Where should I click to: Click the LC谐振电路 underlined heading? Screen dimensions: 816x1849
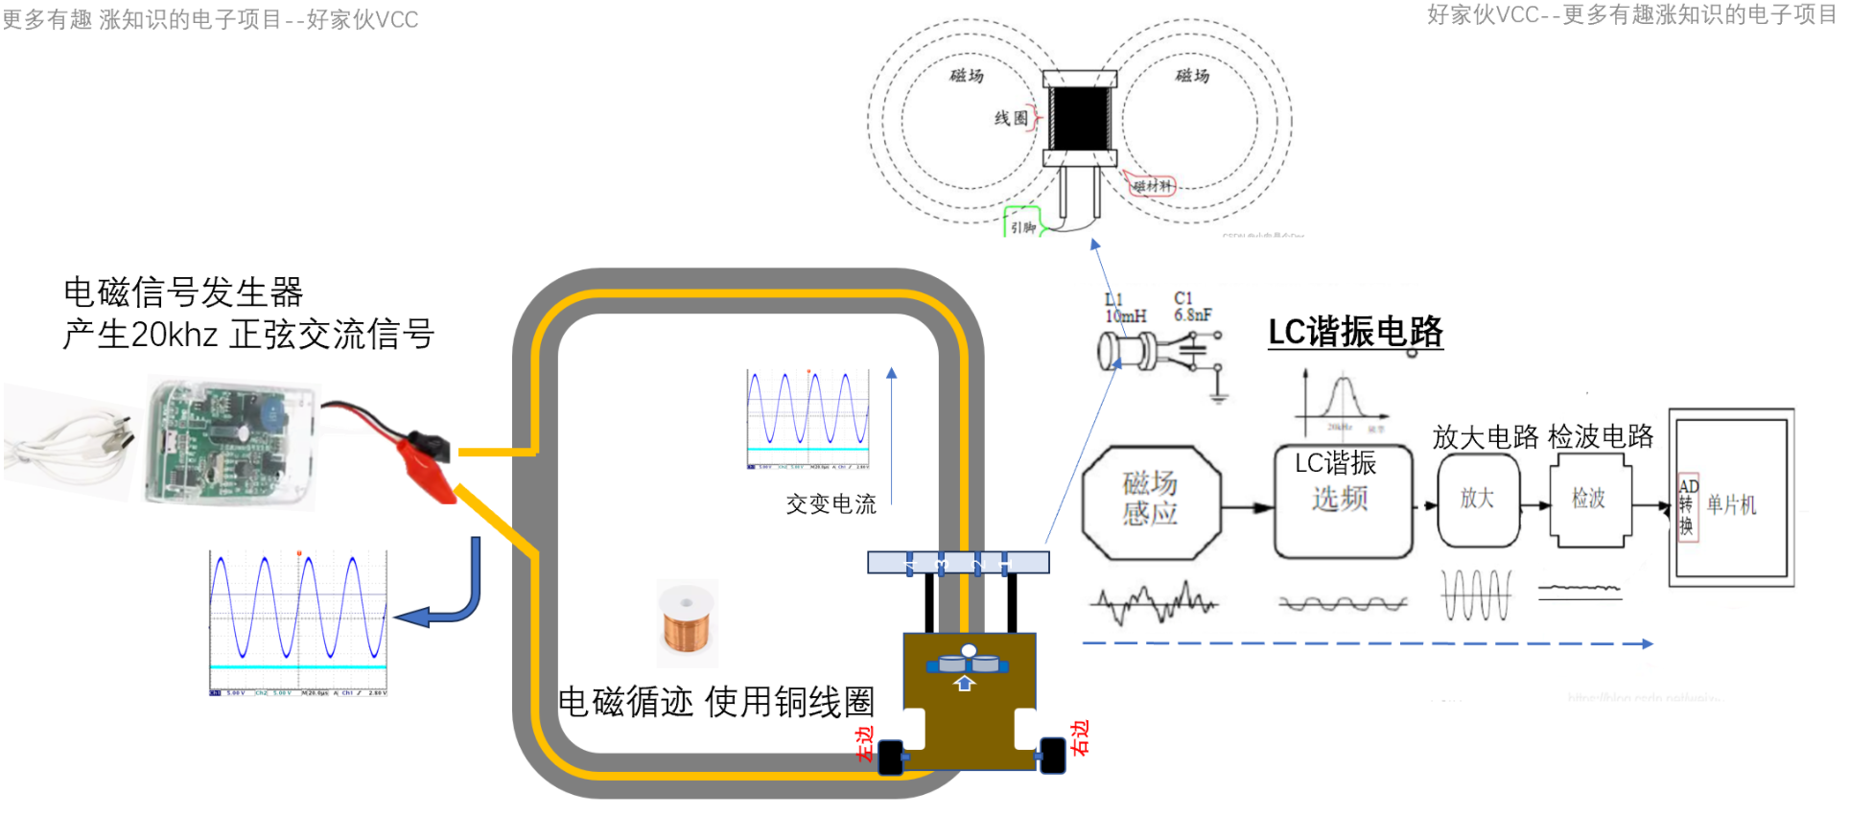point(1354,332)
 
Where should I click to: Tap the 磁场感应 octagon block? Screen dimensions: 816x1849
point(1151,501)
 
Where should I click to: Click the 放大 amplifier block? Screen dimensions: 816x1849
point(1477,500)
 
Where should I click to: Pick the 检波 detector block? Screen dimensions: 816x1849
point(1589,500)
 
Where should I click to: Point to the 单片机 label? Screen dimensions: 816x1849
point(1732,505)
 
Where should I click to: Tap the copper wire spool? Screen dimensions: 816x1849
point(687,623)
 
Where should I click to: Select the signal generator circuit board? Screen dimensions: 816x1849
point(225,441)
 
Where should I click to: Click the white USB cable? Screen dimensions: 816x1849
point(72,446)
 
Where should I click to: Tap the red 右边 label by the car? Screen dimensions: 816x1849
point(1081,738)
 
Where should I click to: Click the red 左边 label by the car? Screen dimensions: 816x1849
point(864,744)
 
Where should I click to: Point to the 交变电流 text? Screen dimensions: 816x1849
point(831,504)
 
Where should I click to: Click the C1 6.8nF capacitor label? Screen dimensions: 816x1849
point(1192,307)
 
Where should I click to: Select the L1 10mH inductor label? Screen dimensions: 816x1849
point(1124,308)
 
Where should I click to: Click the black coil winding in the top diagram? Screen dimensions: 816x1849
point(1080,117)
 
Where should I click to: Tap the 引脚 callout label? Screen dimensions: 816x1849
point(1022,227)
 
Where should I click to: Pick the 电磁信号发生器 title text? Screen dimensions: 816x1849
point(183,291)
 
